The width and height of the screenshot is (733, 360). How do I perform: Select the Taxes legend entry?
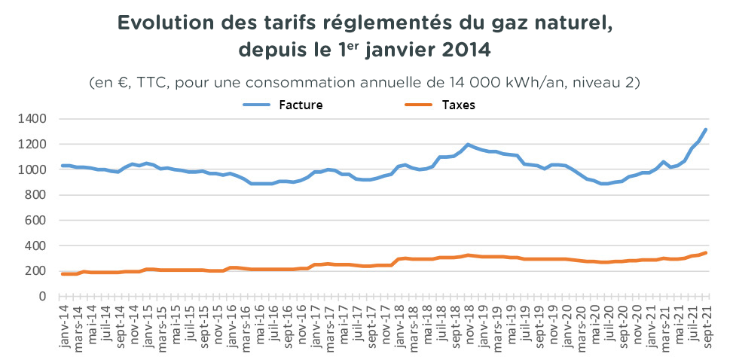458,105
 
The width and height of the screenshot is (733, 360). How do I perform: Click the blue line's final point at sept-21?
706,130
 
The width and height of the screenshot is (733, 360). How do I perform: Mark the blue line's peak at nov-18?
468,145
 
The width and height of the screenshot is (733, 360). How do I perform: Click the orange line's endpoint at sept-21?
706,252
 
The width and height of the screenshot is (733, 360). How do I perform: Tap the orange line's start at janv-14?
62,274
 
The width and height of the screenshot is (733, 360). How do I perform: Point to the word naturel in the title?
567,23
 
